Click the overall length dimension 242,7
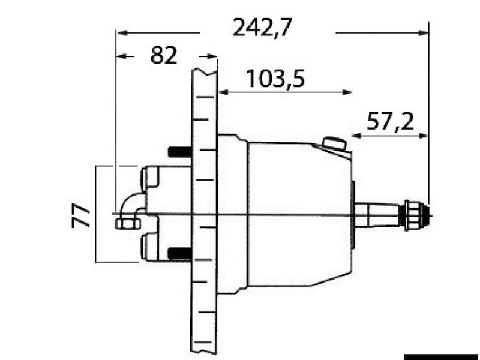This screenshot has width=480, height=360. pyautogui.click(x=262, y=28)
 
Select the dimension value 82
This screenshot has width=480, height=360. pyautogui.click(x=164, y=56)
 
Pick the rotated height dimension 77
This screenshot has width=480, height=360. pyautogui.click(x=82, y=215)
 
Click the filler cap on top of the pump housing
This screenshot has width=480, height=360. pyautogui.click(x=334, y=144)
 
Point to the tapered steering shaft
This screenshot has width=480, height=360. pyautogui.click(x=378, y=215)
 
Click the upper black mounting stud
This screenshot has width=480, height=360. pyautogui.click(x=179, y=152)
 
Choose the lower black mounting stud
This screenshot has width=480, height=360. pyautogui.click(x=179, y=254)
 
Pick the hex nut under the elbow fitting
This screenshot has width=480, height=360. pyautogui.click(x=127, y=224)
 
